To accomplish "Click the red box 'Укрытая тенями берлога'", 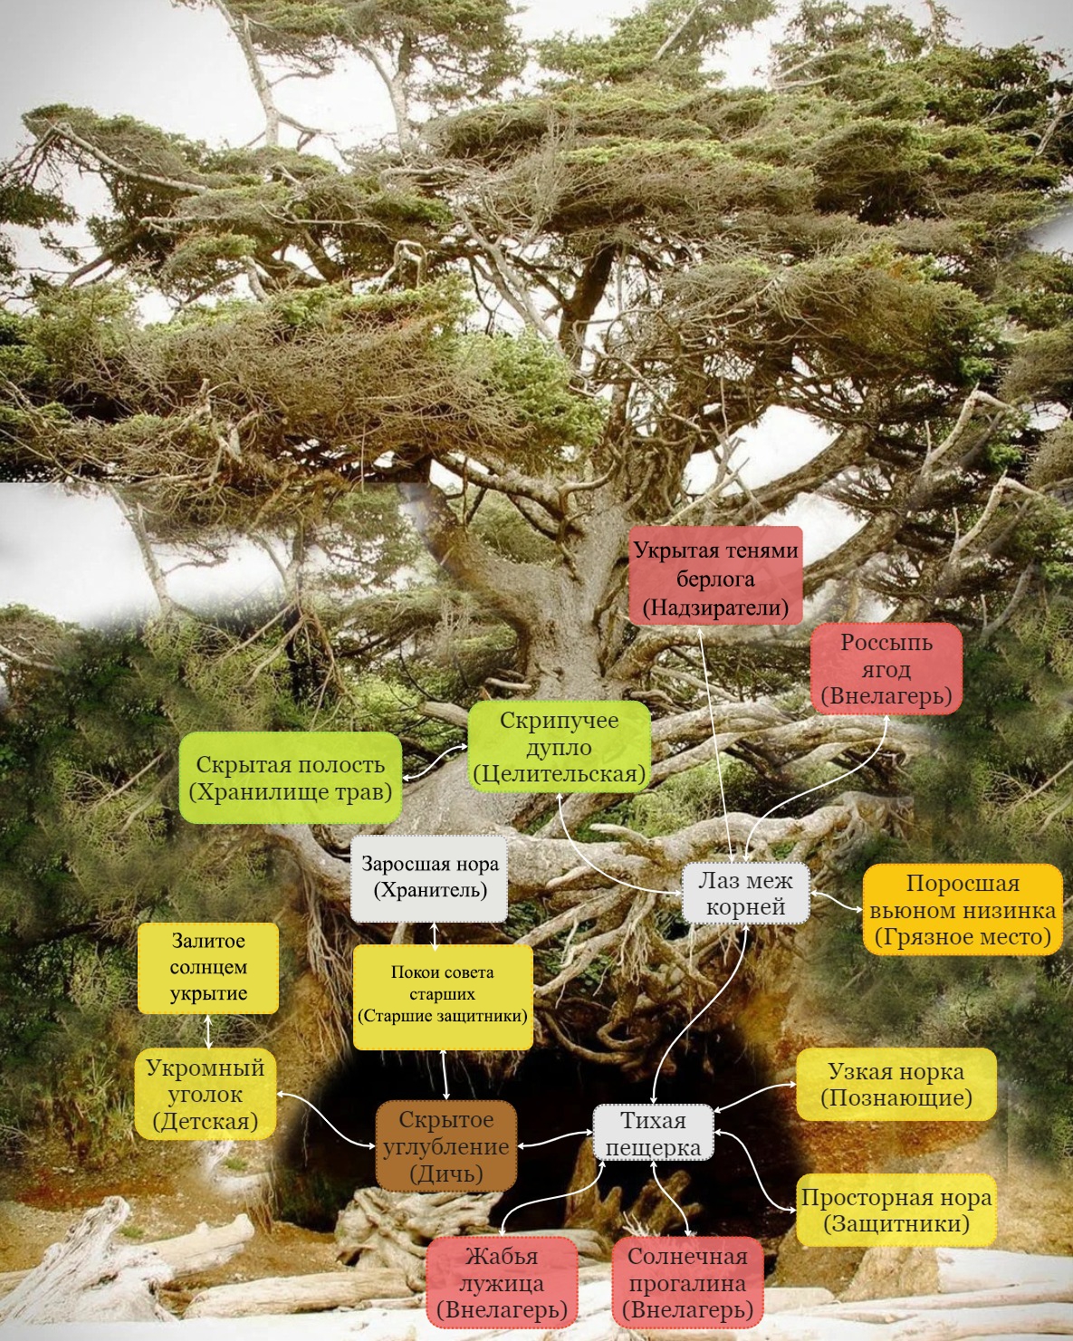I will [x=715, y=576].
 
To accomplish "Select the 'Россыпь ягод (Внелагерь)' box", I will [x=886, y=669].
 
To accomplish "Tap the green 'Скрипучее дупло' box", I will [x=559, y=746].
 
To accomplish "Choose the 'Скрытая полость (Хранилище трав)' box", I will [x=290, y=778].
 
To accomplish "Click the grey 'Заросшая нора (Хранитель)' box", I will [x=429, y=876].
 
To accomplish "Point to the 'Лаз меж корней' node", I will [x=745, y=893].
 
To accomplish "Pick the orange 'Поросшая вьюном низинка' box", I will [x=962, y=909].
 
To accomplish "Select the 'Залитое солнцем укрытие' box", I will [x=208, y=967].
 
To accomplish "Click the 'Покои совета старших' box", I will [x=442, y=996].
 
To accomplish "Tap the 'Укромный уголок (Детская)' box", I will [x=205, y=1094].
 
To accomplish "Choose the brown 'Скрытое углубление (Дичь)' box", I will [x=445, y=1146].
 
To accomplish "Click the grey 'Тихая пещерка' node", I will [x=653, y=1134].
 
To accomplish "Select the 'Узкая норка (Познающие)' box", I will [x=896, y=1085].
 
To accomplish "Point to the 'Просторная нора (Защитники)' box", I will [x=896, y=1210].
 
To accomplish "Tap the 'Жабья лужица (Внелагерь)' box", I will [x=502, y=1282].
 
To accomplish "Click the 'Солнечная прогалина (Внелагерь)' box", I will [x=687, y=1282].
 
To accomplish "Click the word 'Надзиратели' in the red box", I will [x=715, y=607].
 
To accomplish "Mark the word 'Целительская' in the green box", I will [x=559, y=774].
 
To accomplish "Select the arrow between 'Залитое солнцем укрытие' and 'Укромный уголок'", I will [x=209, y=1030].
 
